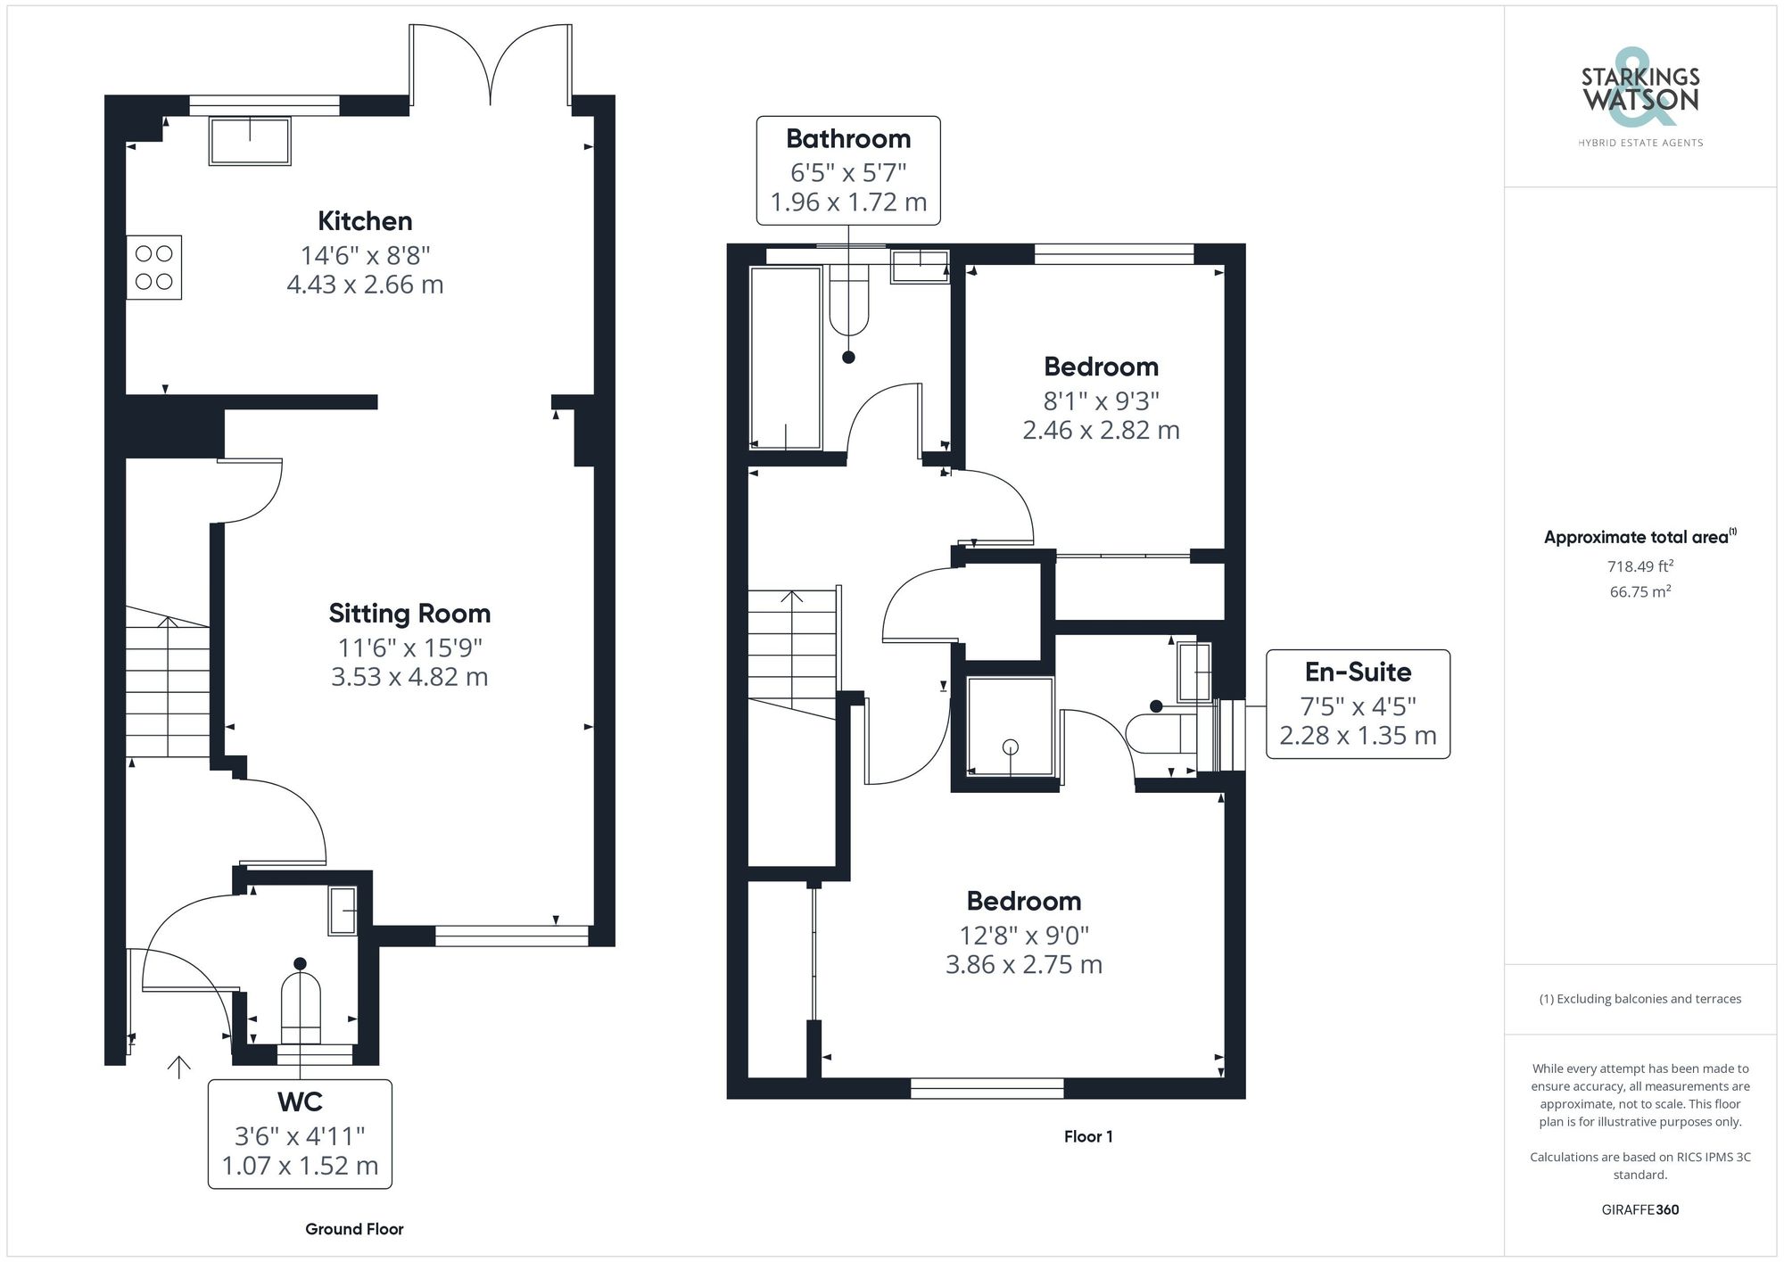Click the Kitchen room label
pyautogui.click(x=365, y=221)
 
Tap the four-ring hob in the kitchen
pyautogui.click(x=154, y=268)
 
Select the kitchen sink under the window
pyautogui.click(x=250, y=141)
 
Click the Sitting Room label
pyautogui.click(x=409, y=614)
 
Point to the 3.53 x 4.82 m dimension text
pyautogui.click(x=409, y=677)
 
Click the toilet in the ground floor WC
pyautogui.click(x=301, y=1007)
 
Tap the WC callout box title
pyautogui.click(x=300, y=1102)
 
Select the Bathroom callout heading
pyautogui.click(x=848, y=139)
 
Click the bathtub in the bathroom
pyautogui.click(x=786, y=358)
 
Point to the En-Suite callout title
pyautogui.click(x=1358, y=672)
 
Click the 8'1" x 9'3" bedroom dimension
pyautogui.click(x=1101, y=401)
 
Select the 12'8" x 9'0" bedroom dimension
pyautogui.click(x=1024, y=936)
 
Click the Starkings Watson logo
pyautogui.click(x=1640, y=98)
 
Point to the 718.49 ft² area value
pyautogui.click(x=1640, y=566)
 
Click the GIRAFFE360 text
pyautogui.click(x=1640, y=1210)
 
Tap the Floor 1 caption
pyautogui.click(x=1088, y=1136)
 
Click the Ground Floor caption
pyautogui.click(x=354, y=1229)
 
